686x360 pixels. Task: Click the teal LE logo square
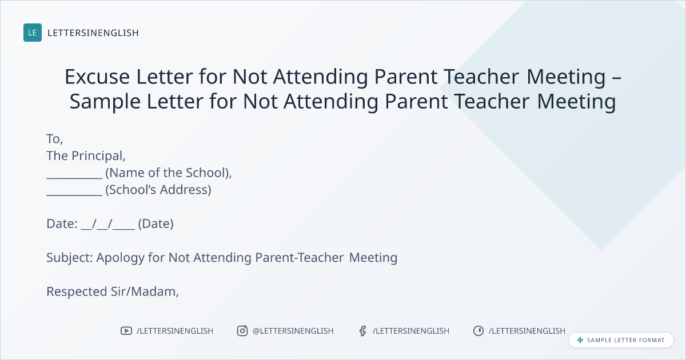33,33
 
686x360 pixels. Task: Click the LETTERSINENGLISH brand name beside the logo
93,33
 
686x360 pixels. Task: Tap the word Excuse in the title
97,76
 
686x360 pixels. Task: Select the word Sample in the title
105,101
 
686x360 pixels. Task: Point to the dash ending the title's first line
616,78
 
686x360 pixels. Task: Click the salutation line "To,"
55,139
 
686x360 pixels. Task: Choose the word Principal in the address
98,156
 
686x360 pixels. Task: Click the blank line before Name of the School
74,178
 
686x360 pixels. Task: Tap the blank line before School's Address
74,195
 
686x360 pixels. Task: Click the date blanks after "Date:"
108,225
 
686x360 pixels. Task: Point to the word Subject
67,258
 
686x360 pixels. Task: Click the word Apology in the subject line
121,258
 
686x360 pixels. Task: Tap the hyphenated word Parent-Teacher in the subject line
299,258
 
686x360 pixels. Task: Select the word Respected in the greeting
77,293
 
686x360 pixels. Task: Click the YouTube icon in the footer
126,331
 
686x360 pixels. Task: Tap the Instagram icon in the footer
242,331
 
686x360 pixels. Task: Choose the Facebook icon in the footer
363,331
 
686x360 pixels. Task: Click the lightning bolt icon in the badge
580,340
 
